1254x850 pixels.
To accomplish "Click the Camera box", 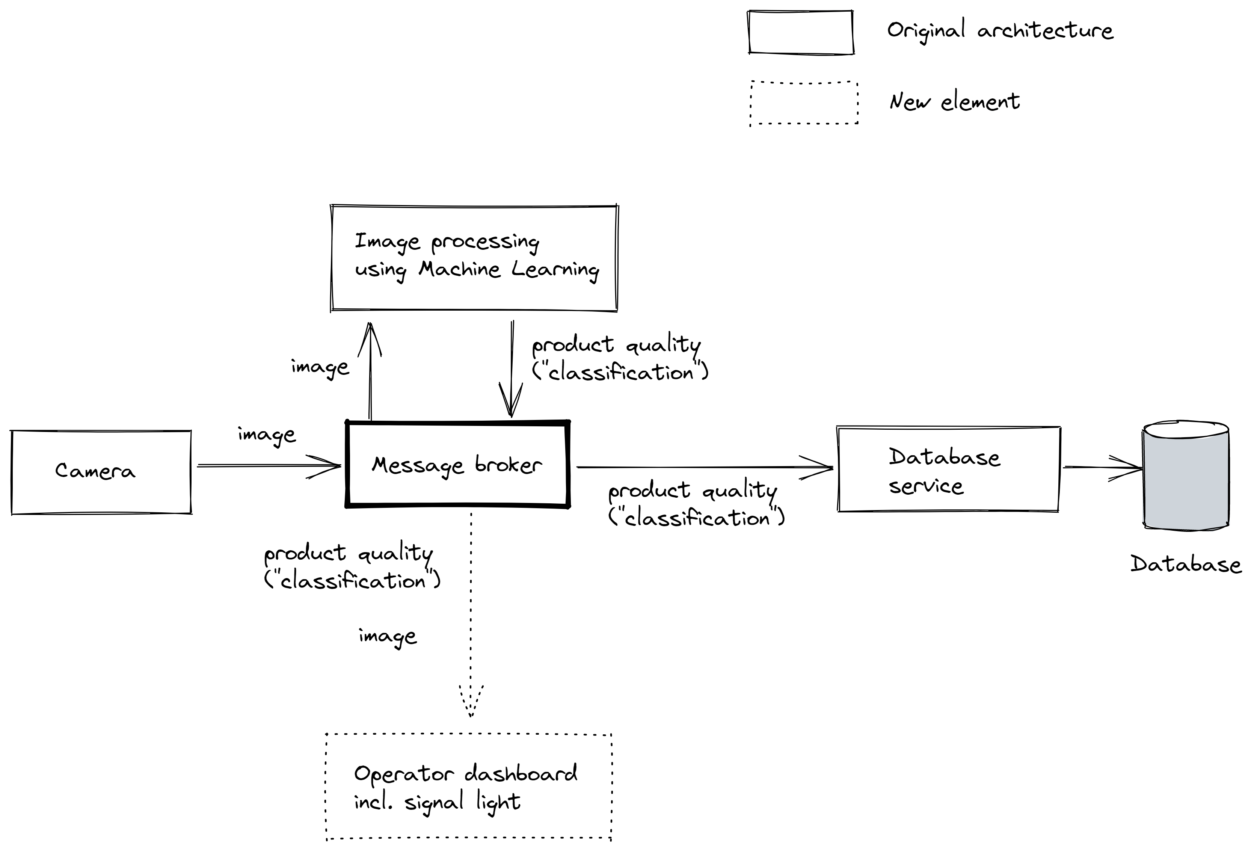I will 101,472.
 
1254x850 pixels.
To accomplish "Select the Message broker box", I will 457,465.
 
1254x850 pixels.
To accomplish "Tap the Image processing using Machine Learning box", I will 474,258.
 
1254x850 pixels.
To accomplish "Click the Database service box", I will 948,470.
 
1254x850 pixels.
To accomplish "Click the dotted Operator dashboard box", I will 468,787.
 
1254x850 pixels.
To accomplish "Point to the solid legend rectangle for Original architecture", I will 801,32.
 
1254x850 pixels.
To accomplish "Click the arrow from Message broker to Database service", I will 702,467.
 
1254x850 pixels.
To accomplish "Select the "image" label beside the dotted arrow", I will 388,637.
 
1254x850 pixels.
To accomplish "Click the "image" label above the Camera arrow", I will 267,435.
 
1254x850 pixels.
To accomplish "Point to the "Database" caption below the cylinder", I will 1186,565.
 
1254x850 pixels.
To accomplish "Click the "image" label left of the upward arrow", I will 320,367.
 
